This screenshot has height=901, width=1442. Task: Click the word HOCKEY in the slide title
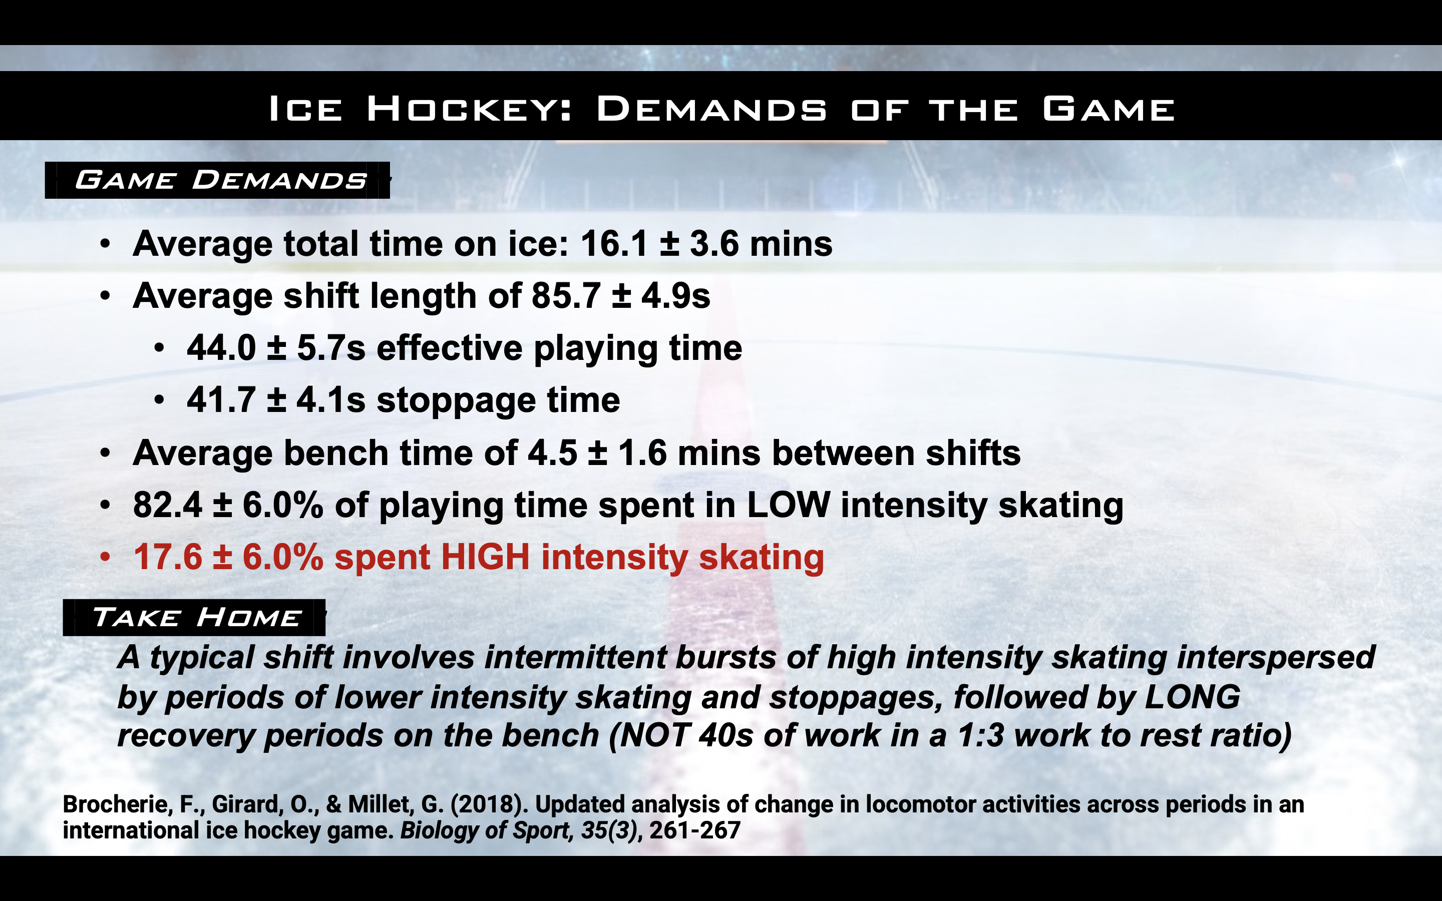click(469, 110)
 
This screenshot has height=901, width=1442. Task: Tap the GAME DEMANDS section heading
click(220, 180)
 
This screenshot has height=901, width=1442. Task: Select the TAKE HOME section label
click(197, 617)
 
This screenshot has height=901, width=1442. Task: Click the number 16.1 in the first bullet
click(614, 244)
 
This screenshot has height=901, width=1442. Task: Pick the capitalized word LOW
click(788, 506)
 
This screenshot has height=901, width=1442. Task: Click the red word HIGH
click(485, 558)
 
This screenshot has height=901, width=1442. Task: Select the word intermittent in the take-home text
click(574, 658)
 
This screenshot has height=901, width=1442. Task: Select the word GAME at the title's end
click(1109, 110)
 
